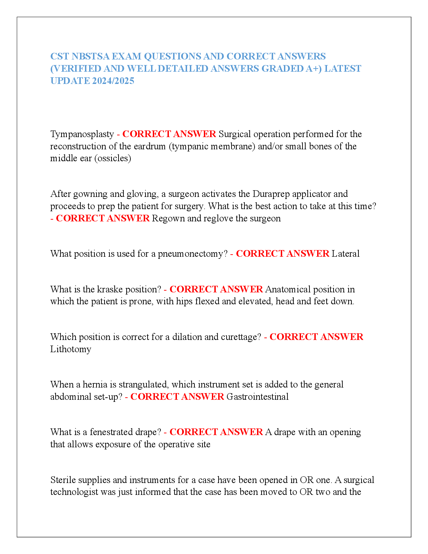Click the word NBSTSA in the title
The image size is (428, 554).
pyautogui.click(x=91, y=56)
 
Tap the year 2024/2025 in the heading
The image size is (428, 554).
pyautogui.click(x=113, y=81)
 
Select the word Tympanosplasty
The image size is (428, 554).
pyautogui.click(x=82, y=134)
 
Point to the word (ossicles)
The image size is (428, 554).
pyautogui.click(x=113, y=158)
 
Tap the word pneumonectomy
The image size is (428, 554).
pyautogui.click(x=192, y=254)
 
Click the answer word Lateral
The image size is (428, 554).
pyautogui.click(x=345, y=254)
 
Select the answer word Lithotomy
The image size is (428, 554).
pyautogui.click(x=71, y=349)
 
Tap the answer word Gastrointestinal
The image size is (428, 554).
pyautogui.click(x=257, y=397)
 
